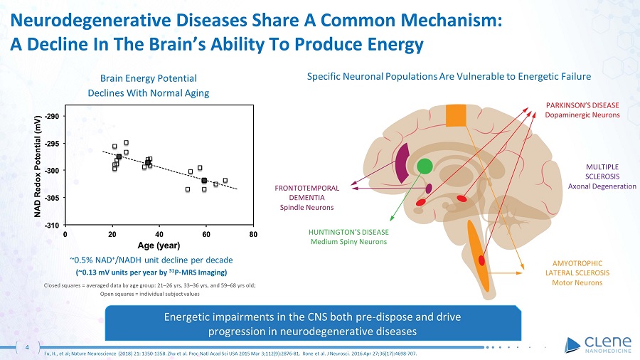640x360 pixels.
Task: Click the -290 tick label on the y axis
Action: [52, 117]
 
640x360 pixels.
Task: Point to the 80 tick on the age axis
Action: [253, 234]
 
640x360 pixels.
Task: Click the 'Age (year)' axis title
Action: [159, 245]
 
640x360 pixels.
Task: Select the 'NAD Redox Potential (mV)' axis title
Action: [38, 166]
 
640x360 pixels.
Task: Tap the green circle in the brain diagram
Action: [425, 166]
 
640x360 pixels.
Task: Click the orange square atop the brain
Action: [456, 115]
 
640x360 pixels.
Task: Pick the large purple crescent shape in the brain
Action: [403, 163]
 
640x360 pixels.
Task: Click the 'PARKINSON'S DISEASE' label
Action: [582, 105]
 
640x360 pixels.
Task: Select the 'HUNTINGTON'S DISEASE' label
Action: [348, 232]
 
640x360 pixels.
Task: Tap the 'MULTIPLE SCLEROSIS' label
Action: [602, 172]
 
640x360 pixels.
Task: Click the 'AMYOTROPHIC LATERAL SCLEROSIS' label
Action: [577, 268]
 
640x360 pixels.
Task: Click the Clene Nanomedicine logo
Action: [598, 345]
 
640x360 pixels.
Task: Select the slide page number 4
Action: [27, 347]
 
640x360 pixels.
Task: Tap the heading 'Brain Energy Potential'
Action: [149, 78]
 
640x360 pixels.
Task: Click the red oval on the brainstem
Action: [481, 260]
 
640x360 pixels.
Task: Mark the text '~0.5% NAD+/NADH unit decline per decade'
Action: [151, 260]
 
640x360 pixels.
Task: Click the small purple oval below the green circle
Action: [429, 189]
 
